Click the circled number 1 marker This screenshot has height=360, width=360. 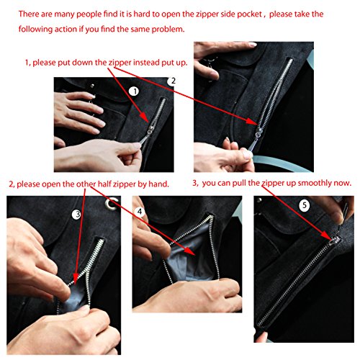pos(134,91)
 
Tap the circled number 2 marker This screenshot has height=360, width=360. pos(172,81)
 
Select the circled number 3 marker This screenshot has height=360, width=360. pos(77,215)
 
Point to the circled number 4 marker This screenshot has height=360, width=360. pos(140,212)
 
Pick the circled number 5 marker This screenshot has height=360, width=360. pos(304,205)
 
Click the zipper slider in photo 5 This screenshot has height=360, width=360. pos(334,241)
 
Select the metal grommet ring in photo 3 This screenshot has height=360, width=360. pos(112,204)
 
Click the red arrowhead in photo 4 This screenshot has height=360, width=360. pos(190,251)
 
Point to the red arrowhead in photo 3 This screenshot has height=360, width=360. pos(76,279)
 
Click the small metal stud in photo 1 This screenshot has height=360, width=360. pos(92,86)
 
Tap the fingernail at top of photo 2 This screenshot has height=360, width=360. pos(252,45)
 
